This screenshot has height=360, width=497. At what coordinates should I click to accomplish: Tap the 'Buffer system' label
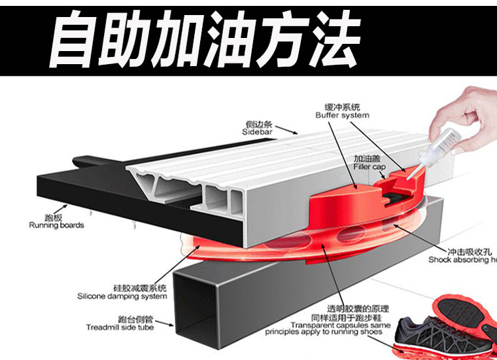pyautogui.click(x=342, y=115)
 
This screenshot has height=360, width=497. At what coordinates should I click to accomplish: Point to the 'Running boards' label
pyautogui.click(x=56, y=226)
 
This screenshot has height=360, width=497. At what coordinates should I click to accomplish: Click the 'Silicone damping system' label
pyautogui.click(x=122, y=296)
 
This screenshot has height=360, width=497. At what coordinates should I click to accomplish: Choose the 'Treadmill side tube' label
pyautogui.click(x=120, y=327)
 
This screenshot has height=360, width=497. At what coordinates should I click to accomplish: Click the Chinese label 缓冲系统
pyautogui.click(x=342, y=107)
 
